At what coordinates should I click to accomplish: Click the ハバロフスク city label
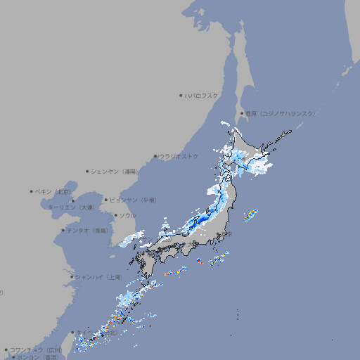click(202, 95)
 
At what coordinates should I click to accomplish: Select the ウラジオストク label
click(179, 156)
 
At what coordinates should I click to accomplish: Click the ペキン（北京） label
click(53, 191)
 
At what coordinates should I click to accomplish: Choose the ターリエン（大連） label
click(70, 207)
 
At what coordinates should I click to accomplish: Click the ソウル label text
click(127, 215)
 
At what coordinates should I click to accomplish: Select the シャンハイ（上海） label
click(99, 277)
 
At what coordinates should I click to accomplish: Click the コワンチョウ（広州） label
click(35, 349)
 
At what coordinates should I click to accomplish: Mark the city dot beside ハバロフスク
click(181, 95)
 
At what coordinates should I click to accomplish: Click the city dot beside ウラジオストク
click(155, 156)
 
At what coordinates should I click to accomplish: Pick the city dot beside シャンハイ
click(72, 277)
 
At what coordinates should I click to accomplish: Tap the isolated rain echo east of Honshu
click(250, 214)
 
